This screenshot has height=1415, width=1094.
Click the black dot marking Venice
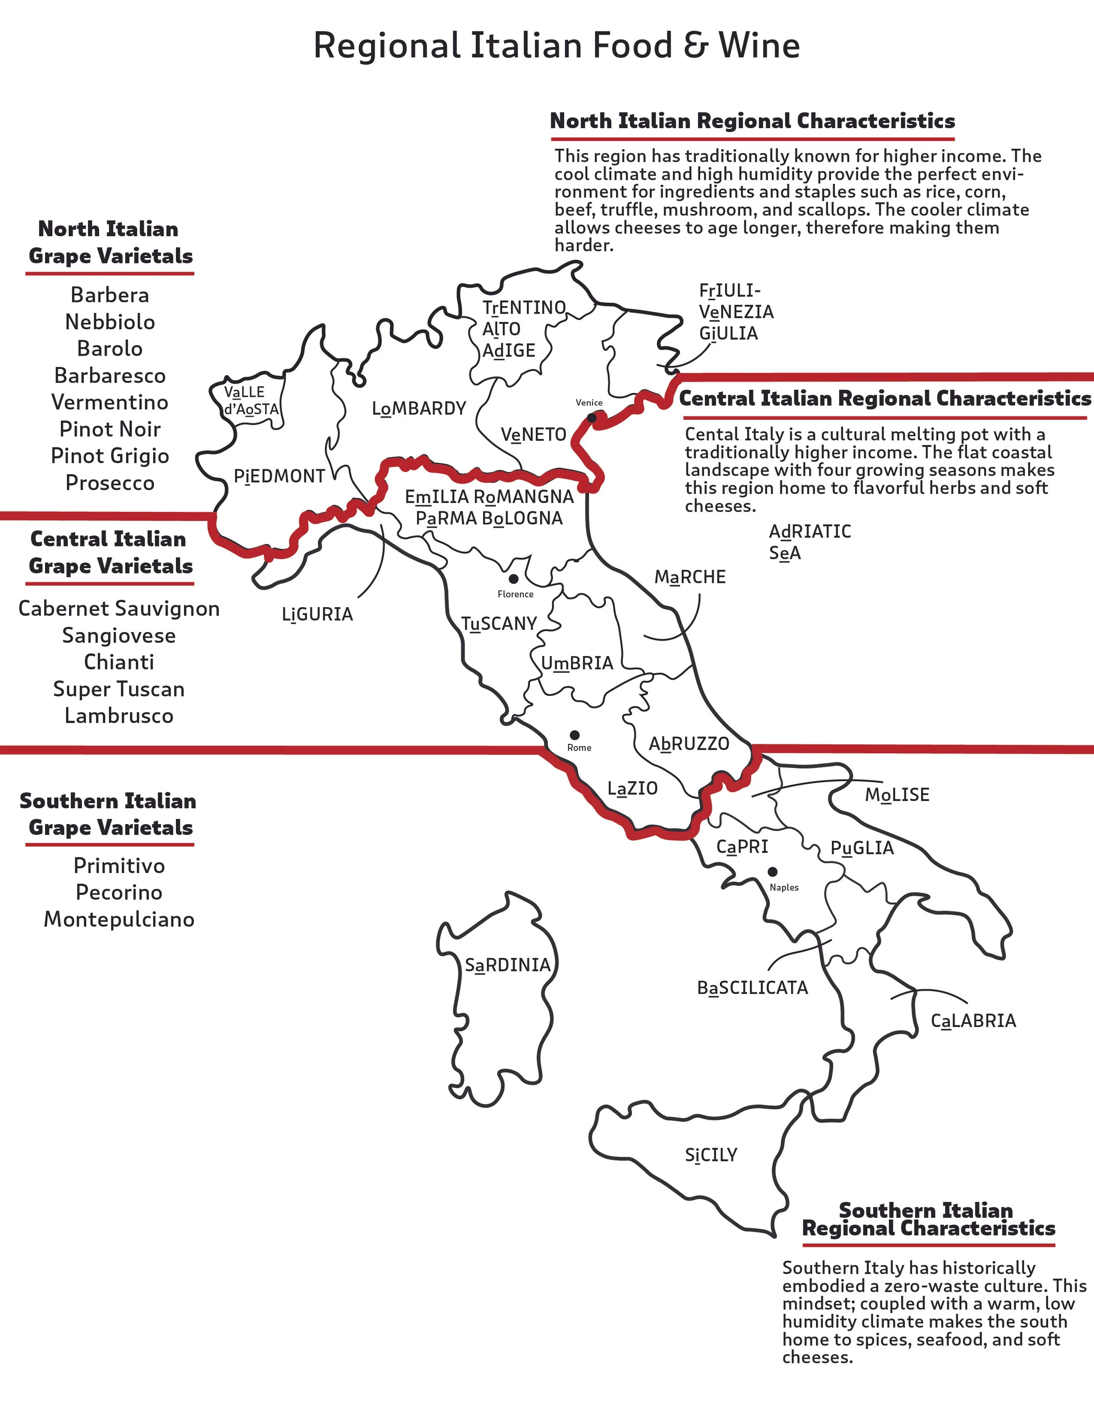point(592,418)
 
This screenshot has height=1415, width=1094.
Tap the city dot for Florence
point(513,579)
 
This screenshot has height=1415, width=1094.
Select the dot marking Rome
point(574,735)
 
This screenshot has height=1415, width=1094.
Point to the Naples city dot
point(772,872)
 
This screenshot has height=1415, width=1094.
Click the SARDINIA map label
point(508,965)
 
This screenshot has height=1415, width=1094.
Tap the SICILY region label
point(711,1155)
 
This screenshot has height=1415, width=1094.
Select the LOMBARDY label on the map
point(419,409)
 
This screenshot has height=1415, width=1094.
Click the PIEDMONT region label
point(279,476)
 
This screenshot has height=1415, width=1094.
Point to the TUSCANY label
point(499,624)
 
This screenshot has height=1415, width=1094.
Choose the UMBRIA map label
point(577,664)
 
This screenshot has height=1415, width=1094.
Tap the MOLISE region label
point(897,795)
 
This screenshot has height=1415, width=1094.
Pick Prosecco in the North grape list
point(110,483)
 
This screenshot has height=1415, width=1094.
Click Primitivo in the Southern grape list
point(119,866)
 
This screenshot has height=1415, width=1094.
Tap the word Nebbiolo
point(110,322)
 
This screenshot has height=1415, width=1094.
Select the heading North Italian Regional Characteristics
point(752,121)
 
